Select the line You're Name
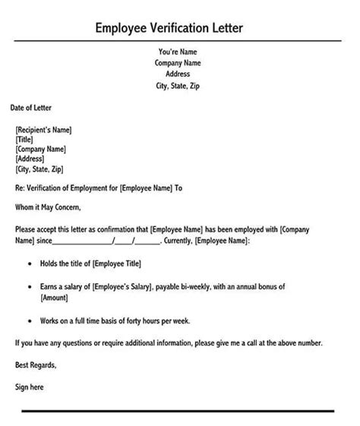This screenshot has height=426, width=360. coord(179,52)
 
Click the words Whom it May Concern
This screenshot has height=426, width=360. coord(47,207)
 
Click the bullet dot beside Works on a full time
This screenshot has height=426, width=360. coord(30,320)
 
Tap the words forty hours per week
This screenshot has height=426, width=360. coord(163,320)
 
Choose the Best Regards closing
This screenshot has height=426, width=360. coord(36,365)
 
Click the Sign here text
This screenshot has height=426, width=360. coord(30,387)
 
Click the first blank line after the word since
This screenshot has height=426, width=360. coord(83,241)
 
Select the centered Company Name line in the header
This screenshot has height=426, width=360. coord(179,63)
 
